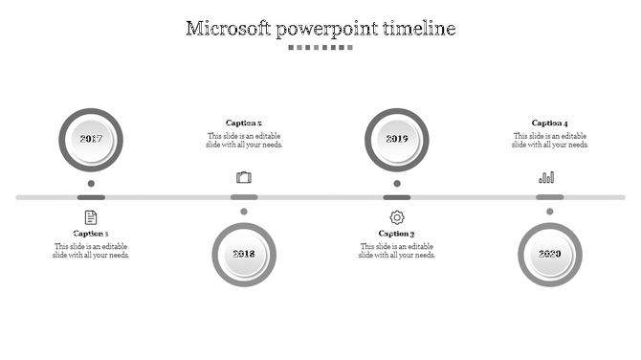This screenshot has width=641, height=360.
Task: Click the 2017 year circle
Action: pos(91,140)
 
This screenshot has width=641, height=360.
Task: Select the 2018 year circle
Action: pos(244,255)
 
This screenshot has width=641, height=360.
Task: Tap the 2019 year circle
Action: pos(397,140)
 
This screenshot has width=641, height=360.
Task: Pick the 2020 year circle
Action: pos(550,255)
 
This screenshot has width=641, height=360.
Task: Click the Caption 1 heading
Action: pos(91,234)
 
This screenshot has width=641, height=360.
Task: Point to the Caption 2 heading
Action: pos(244,123)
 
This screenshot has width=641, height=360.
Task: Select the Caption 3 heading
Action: pos(397,234)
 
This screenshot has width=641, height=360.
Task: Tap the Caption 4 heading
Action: pos(550,123)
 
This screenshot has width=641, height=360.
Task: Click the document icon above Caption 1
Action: pos(91,217)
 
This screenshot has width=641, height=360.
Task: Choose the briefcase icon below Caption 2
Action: pos(244,177)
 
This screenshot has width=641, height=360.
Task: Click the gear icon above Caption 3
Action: pos(397,217)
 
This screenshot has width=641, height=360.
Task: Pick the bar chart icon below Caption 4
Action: pos(547,177)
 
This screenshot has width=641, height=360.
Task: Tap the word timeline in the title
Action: pos(419,28)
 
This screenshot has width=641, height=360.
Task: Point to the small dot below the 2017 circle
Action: pos(91,183)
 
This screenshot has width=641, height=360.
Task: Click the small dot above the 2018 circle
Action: pos(244,212)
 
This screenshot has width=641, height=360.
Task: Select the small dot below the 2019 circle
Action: pos(397,183)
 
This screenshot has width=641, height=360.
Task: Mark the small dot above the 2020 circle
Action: pos(550,212)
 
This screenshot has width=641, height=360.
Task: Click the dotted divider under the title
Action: pos(320,47)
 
